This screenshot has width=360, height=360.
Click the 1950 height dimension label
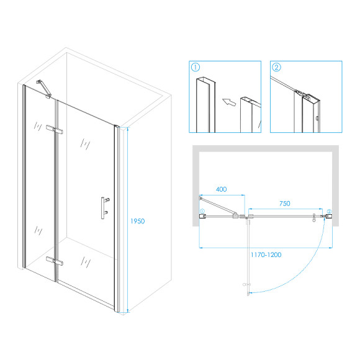coord(137,221)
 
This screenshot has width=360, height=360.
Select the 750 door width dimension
coord(284,204)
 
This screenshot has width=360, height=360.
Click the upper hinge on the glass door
coord(56,130)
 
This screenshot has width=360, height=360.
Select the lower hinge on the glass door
coord(56,261)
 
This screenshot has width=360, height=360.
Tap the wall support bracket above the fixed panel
coord(44,87)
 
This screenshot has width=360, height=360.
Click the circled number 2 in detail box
coord(276,67)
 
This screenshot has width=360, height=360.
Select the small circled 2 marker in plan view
coord(330,210)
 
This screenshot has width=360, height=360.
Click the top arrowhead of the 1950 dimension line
coord(128,128)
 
